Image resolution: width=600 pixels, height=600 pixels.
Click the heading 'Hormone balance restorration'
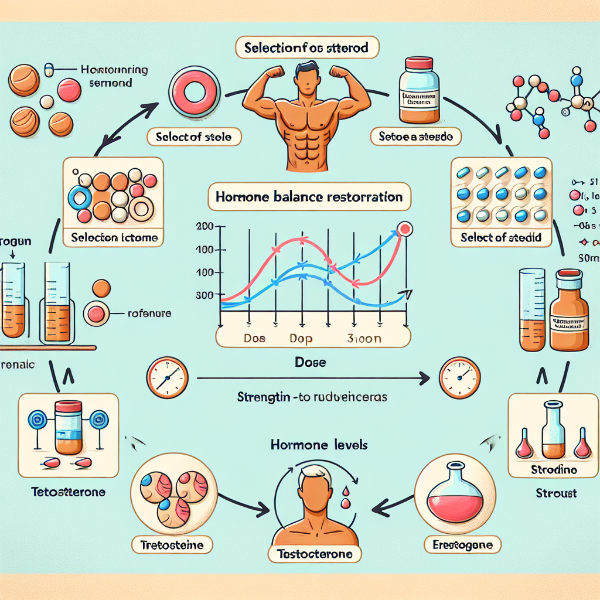(x=309, y=197)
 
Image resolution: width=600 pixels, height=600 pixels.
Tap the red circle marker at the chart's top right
(x=404, y=229)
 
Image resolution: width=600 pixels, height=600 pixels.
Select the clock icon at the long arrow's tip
(x=459, y=374)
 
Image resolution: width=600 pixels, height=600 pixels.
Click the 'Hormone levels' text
(x=319, y=445)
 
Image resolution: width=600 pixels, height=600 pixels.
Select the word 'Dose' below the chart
(x=311, y=363)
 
